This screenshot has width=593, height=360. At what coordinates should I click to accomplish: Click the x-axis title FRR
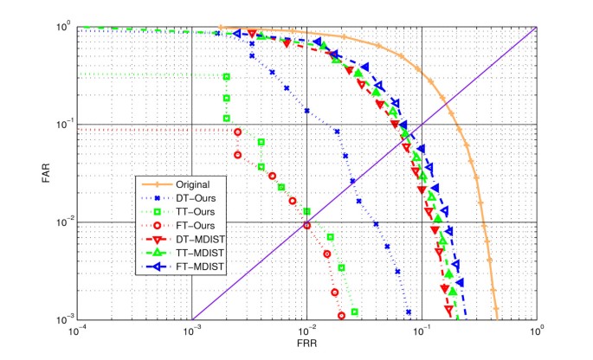tap(307, 342)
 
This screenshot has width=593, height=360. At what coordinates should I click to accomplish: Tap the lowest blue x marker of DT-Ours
tap(408, 312)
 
